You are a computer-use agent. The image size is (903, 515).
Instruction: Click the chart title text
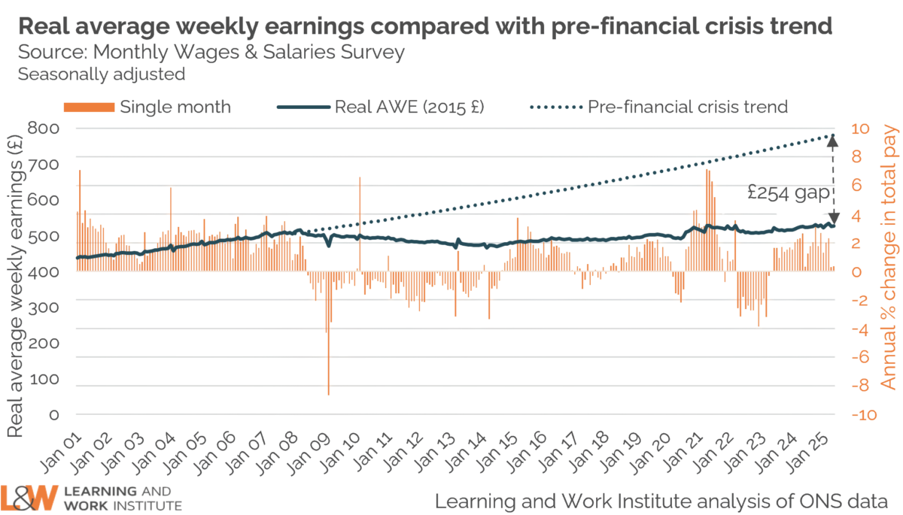click(x=425, y=27)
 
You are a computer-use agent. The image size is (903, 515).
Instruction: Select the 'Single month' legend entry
click(x=175, y=107)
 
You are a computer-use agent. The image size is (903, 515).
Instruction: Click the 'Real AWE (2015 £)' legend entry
click(x=409, y=107)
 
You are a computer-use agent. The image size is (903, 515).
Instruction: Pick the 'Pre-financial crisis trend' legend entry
click(x=687, y=107)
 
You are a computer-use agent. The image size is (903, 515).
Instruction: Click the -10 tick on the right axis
click(x=863, y=415)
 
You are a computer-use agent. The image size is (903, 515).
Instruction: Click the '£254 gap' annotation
click(x=789, y=193)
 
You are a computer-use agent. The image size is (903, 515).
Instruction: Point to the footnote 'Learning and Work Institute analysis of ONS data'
click(x=662, y=499)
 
